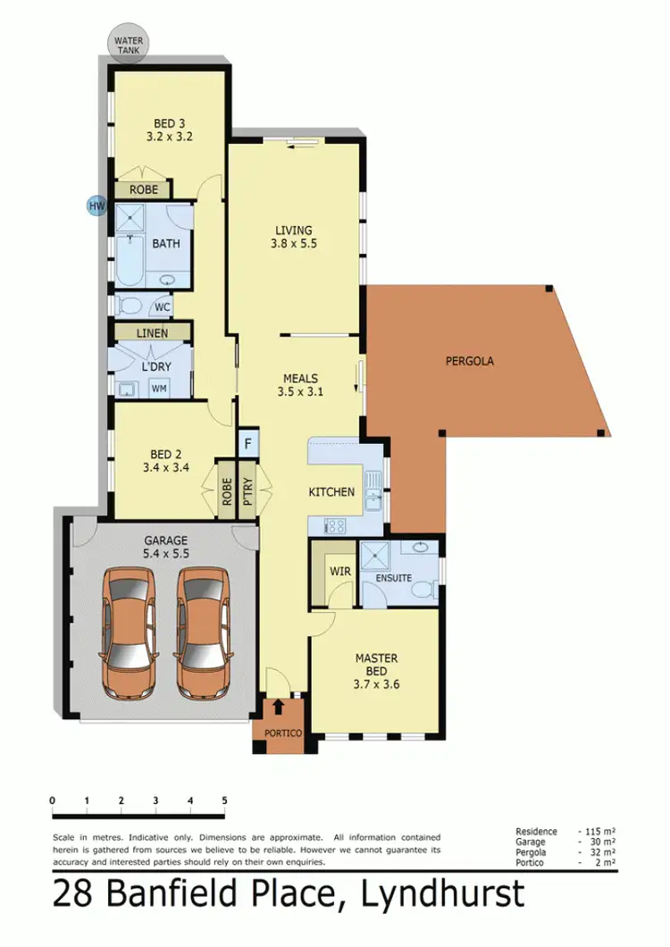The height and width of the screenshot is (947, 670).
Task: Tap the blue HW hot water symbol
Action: [96, 206]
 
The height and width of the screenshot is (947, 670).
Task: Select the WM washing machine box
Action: [159, 389]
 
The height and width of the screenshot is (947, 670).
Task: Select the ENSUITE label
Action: [393, 578]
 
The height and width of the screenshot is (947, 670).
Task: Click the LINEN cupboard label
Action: [152, 332]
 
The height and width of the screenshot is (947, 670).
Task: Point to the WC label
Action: [162, 307]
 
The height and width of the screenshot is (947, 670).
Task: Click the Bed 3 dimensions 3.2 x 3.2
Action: [170, 138]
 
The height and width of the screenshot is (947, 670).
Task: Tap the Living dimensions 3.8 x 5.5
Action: [295, 242]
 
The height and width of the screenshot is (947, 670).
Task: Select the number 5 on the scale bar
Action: [224, 800]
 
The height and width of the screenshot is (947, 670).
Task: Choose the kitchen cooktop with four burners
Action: [339, 525]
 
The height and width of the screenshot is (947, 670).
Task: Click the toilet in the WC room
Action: [130, 307]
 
